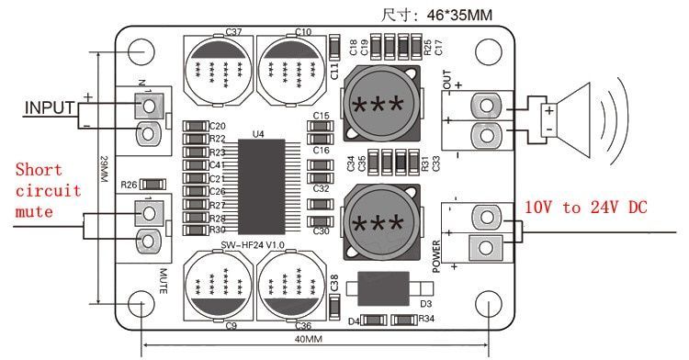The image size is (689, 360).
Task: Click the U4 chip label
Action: pyautogui.click(x=257, y=134)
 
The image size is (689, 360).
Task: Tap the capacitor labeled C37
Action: pyautogui.click(x=218, y=69)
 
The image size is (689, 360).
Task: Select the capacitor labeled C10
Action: pyautogui.click(x=291, y=69)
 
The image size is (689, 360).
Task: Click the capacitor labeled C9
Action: pyautogui.click(x=218, y=286)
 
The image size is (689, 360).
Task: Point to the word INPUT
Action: pyautogui.click(x=49, y=108)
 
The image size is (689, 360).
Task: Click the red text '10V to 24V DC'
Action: pyautogui.click(x=586, y=208)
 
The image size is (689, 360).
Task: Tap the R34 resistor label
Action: pyautogui.click(x=425, y=320)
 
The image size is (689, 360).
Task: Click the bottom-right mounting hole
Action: pyautogui.click(x=489, y=305)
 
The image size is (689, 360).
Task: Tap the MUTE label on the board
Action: pyautogui.click(x=162, y=279)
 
